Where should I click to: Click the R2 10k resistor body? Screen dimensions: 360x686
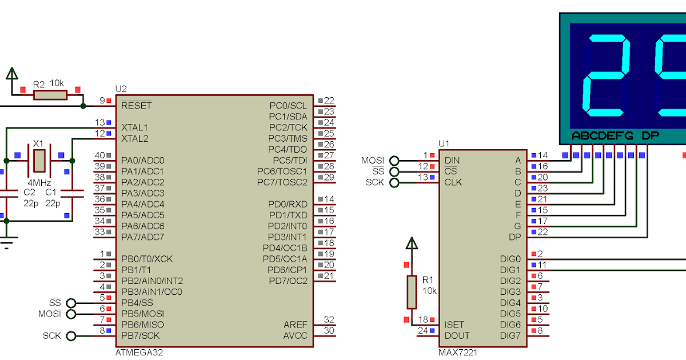[50, 95]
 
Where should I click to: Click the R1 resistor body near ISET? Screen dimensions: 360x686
[412, 291]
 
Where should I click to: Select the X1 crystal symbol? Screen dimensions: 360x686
[38, 161]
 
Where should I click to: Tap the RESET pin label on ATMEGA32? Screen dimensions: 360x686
[137, 106]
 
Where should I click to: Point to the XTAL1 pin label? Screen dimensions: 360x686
[135, 127]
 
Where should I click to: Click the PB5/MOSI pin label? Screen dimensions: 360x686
[143, 314]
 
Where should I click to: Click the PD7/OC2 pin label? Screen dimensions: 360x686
[288, 281]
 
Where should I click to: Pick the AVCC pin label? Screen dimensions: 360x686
[295, 335]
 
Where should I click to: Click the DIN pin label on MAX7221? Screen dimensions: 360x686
[452, 161]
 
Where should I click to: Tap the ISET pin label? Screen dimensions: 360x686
[454, 325]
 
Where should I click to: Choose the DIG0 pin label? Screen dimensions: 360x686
[510, 259]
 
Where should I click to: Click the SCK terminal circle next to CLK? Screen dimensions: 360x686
[394, 182]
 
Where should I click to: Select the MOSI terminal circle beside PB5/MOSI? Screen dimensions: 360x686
[71, 314]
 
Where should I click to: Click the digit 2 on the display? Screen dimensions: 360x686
[606, 75]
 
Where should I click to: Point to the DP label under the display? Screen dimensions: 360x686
[651, 136]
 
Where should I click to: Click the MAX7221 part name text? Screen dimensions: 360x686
[458, 352]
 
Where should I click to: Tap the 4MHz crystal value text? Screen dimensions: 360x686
[39, 183]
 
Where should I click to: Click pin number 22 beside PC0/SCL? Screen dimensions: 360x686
[329, 101]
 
